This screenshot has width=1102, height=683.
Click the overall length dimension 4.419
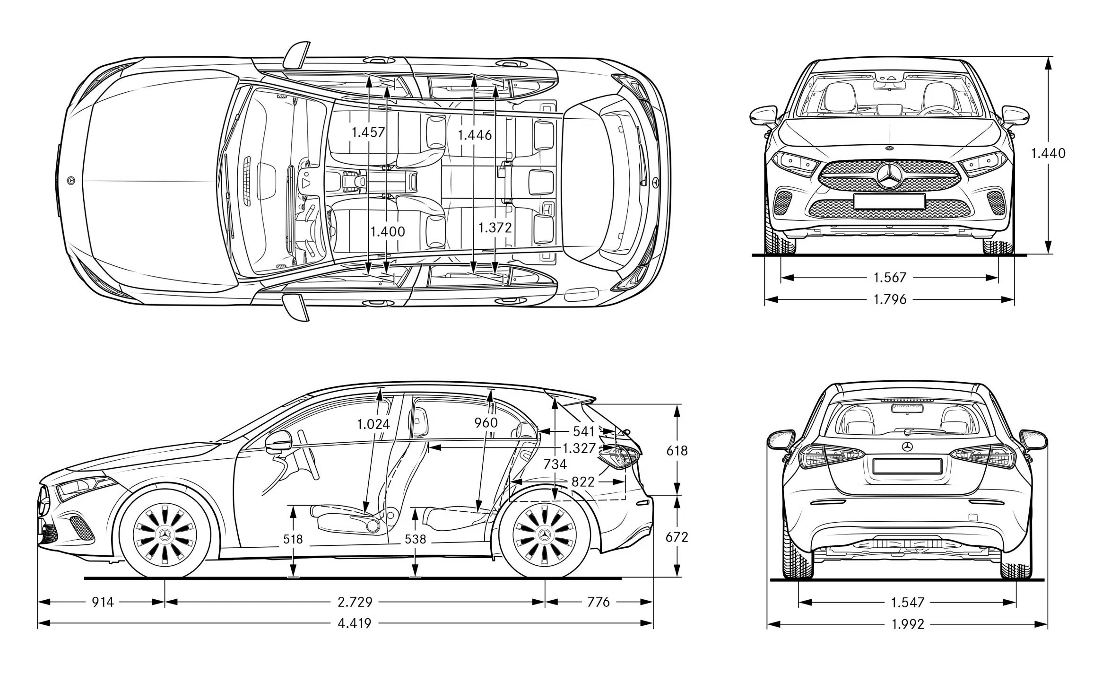tap(354, 623)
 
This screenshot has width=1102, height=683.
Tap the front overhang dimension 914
tap(103, 602)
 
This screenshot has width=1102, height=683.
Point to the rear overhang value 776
tap(598, 602)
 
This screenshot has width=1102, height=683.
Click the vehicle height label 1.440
tap(1048, 153)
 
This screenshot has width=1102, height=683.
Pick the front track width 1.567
tap(889, 277)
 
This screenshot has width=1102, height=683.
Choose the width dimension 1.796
tap(889, 299)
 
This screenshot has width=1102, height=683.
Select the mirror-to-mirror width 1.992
tap(907, 624)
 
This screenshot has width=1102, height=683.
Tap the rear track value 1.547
tap(907, 602)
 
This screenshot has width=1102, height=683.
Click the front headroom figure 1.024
tap(373, 424)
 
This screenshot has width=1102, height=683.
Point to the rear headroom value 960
tap(486, 422)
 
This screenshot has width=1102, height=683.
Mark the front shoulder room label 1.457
tap(368, 132)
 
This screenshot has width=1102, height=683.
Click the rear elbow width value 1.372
tap(495, 228)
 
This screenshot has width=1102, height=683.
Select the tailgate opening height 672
tap(677, 537)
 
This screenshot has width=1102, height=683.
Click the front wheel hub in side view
tap(165, 534)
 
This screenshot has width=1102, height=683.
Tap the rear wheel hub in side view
tap(545, 534)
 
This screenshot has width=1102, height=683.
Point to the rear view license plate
tap(907, 466)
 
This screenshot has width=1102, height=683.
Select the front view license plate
tap(889, 201)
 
